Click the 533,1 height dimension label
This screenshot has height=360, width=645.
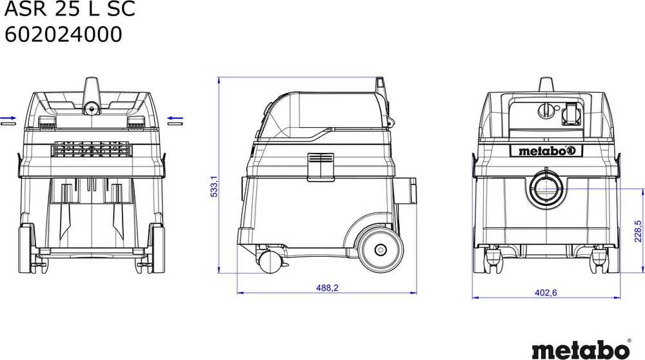(214, 186)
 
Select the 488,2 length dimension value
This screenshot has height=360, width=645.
(327, 288)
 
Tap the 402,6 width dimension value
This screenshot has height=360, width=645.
(546, 292)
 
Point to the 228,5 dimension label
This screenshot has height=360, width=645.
(638, 231)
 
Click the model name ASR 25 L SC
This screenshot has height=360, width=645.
(70, 8)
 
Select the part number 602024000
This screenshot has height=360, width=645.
(63, 34)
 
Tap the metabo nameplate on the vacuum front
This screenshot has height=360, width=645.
(546, 151)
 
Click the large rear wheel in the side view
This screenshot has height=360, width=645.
(380, 250)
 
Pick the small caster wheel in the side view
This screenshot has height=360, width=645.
(269, 262)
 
